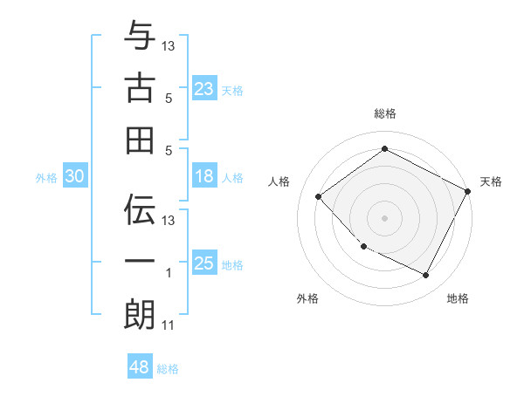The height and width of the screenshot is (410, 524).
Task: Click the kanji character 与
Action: point(140,36)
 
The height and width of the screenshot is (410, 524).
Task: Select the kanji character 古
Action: point(140,87)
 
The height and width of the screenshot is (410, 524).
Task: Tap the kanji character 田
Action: point(140,140)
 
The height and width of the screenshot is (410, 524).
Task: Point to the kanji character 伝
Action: point(140,210)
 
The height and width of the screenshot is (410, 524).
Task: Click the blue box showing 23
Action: point(204,88)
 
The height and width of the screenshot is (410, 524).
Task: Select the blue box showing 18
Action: point(204,176)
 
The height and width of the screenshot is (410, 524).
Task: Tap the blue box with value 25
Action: point(204,263)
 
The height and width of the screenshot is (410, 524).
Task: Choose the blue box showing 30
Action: point(75,176)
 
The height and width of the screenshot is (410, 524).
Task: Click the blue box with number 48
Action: point(140,367)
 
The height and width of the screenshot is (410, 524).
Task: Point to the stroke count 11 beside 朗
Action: point(169,326)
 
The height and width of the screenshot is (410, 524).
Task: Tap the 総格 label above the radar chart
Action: point(385,113)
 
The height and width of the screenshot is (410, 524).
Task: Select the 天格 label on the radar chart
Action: point(491,181)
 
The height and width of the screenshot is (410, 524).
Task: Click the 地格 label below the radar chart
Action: point(458,298)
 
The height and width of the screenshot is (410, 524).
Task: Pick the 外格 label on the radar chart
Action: point(307,298)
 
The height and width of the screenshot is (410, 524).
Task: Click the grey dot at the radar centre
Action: point(384,217)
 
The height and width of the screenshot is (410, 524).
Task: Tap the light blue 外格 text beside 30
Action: point(46,178)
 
